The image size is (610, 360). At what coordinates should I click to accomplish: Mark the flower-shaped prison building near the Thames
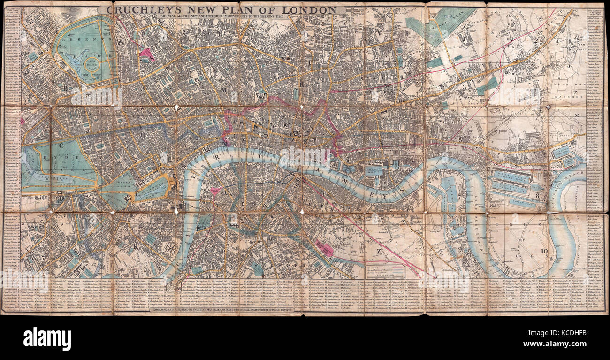tap(170, 248)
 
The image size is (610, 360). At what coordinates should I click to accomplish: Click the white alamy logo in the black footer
tap(47, 338)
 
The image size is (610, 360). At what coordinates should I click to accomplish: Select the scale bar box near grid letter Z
tap(385, 271)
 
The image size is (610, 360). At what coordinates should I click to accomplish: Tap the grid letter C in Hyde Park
tap(61, 146)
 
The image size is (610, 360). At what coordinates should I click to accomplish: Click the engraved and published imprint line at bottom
tap(221, 310)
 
